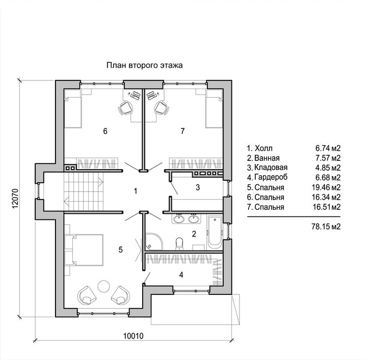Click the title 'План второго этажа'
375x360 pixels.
pos(145,65)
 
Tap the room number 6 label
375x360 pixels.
pos(105,131)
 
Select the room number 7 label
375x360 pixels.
pos(183,131)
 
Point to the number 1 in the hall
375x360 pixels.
pos(136,191)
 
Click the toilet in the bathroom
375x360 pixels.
pos(179,243)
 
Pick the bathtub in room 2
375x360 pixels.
pos(215,232)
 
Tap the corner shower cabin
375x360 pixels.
pos(153,241)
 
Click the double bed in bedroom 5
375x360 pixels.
pos(84,250)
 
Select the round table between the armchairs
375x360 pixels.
pos(104,286)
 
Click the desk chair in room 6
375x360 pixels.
pos(125,108)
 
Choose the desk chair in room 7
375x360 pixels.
pos(162,108)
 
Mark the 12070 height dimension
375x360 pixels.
pos(15,198)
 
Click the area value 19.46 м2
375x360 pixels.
pos(326,187)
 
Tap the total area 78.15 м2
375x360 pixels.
pos(326,227)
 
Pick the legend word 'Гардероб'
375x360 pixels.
pos(271,177)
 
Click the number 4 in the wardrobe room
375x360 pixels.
pos(181,275)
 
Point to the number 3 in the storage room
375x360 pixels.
pos(198,187)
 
